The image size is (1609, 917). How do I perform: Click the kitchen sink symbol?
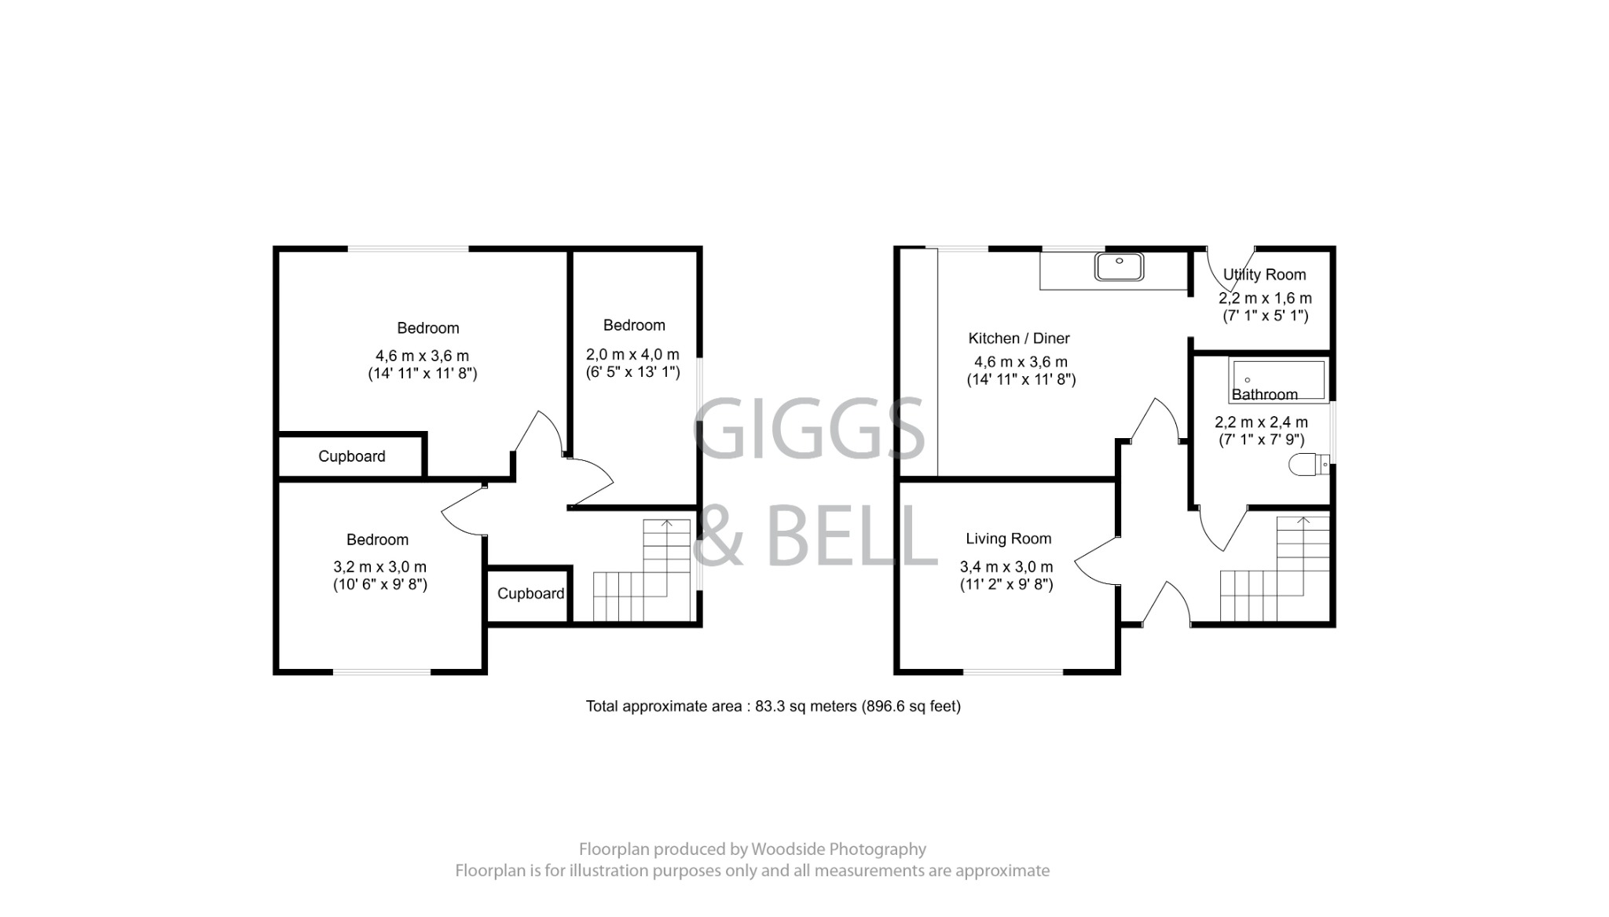pos(1119,267)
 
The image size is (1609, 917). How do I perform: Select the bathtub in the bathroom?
pos(1278,380)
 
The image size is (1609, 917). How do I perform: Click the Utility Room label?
pos(1264,275)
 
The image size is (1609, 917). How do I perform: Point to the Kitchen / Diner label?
pos(1019,338)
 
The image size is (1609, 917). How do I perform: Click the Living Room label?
pos(1008,539)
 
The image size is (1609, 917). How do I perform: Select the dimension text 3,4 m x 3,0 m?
pos(1006,567)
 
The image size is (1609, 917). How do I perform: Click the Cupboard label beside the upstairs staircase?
pos(530,594)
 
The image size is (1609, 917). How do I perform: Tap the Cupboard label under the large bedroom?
pos(351,456)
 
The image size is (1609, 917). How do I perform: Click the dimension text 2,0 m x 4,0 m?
pos(632,355)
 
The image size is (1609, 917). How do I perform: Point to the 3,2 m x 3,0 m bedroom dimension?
pos(379,567)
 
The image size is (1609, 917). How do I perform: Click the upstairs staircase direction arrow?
pos(667,524)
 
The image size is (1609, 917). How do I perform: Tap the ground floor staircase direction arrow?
pos(1303,521)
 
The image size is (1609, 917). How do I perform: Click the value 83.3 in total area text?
pos(769,707)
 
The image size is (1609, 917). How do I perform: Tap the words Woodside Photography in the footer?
pos(838,849)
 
